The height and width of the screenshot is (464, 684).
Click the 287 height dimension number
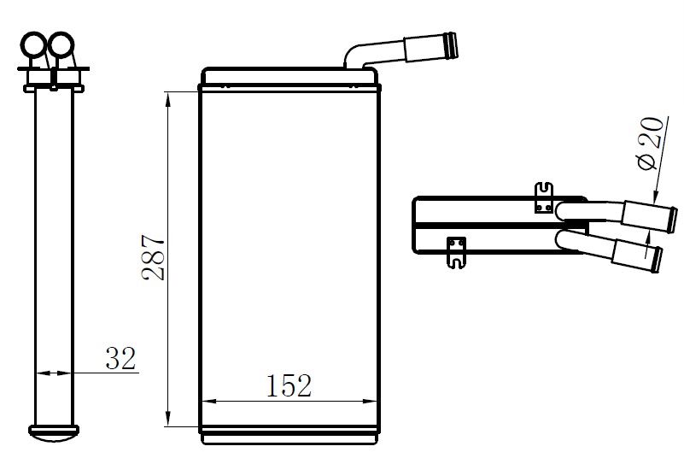(153, 257)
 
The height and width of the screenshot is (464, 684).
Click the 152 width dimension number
(289, 385)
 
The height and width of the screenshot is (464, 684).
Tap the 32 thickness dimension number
(121, 358)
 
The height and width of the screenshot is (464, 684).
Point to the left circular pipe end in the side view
(33, 44)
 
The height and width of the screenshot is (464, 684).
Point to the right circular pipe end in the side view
(61, 44)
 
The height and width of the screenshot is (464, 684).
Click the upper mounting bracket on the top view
(544, 197)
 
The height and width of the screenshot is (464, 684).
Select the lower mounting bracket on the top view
(456, 252)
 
